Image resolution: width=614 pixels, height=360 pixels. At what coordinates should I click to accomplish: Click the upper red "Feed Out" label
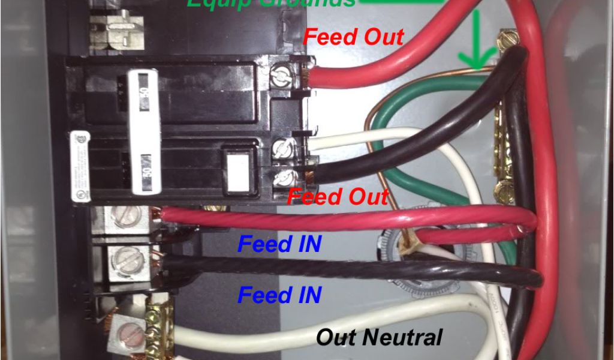353,37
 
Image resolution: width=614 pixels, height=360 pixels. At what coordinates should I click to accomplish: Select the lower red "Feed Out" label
338,196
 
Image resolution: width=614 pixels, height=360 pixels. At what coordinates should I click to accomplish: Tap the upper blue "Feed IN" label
279,244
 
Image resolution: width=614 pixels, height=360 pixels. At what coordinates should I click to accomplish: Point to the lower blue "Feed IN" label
279,295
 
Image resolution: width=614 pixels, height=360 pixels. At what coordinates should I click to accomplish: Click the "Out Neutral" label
379,337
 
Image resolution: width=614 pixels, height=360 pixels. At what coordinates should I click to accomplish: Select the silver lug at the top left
118,27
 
